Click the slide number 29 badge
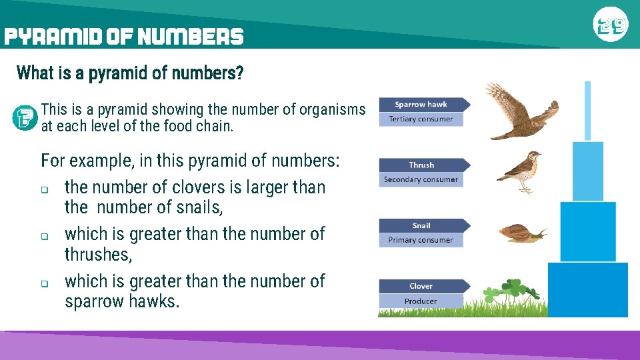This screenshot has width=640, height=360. click(x=610, y=26)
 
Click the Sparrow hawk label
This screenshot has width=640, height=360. click(x=421, y=105)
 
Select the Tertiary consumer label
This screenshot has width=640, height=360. click(x=421, y=119)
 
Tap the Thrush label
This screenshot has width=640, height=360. click(x=421, y=165)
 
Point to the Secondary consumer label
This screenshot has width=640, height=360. click(x=421, y=179)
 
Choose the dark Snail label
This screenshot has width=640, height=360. click(x=421, y=225)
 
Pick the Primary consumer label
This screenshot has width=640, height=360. click(x=421, y=240)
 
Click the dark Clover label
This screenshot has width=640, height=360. click(x=421, y=286)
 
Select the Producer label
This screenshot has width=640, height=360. click(x=421, y=301)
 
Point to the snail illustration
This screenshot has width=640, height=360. click(x=522, y=233)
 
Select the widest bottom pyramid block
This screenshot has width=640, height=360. click(x=587, y=289)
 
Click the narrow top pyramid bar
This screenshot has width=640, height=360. click(x=587, y=111)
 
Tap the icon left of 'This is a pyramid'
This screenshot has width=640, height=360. click(x=25, y=118)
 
